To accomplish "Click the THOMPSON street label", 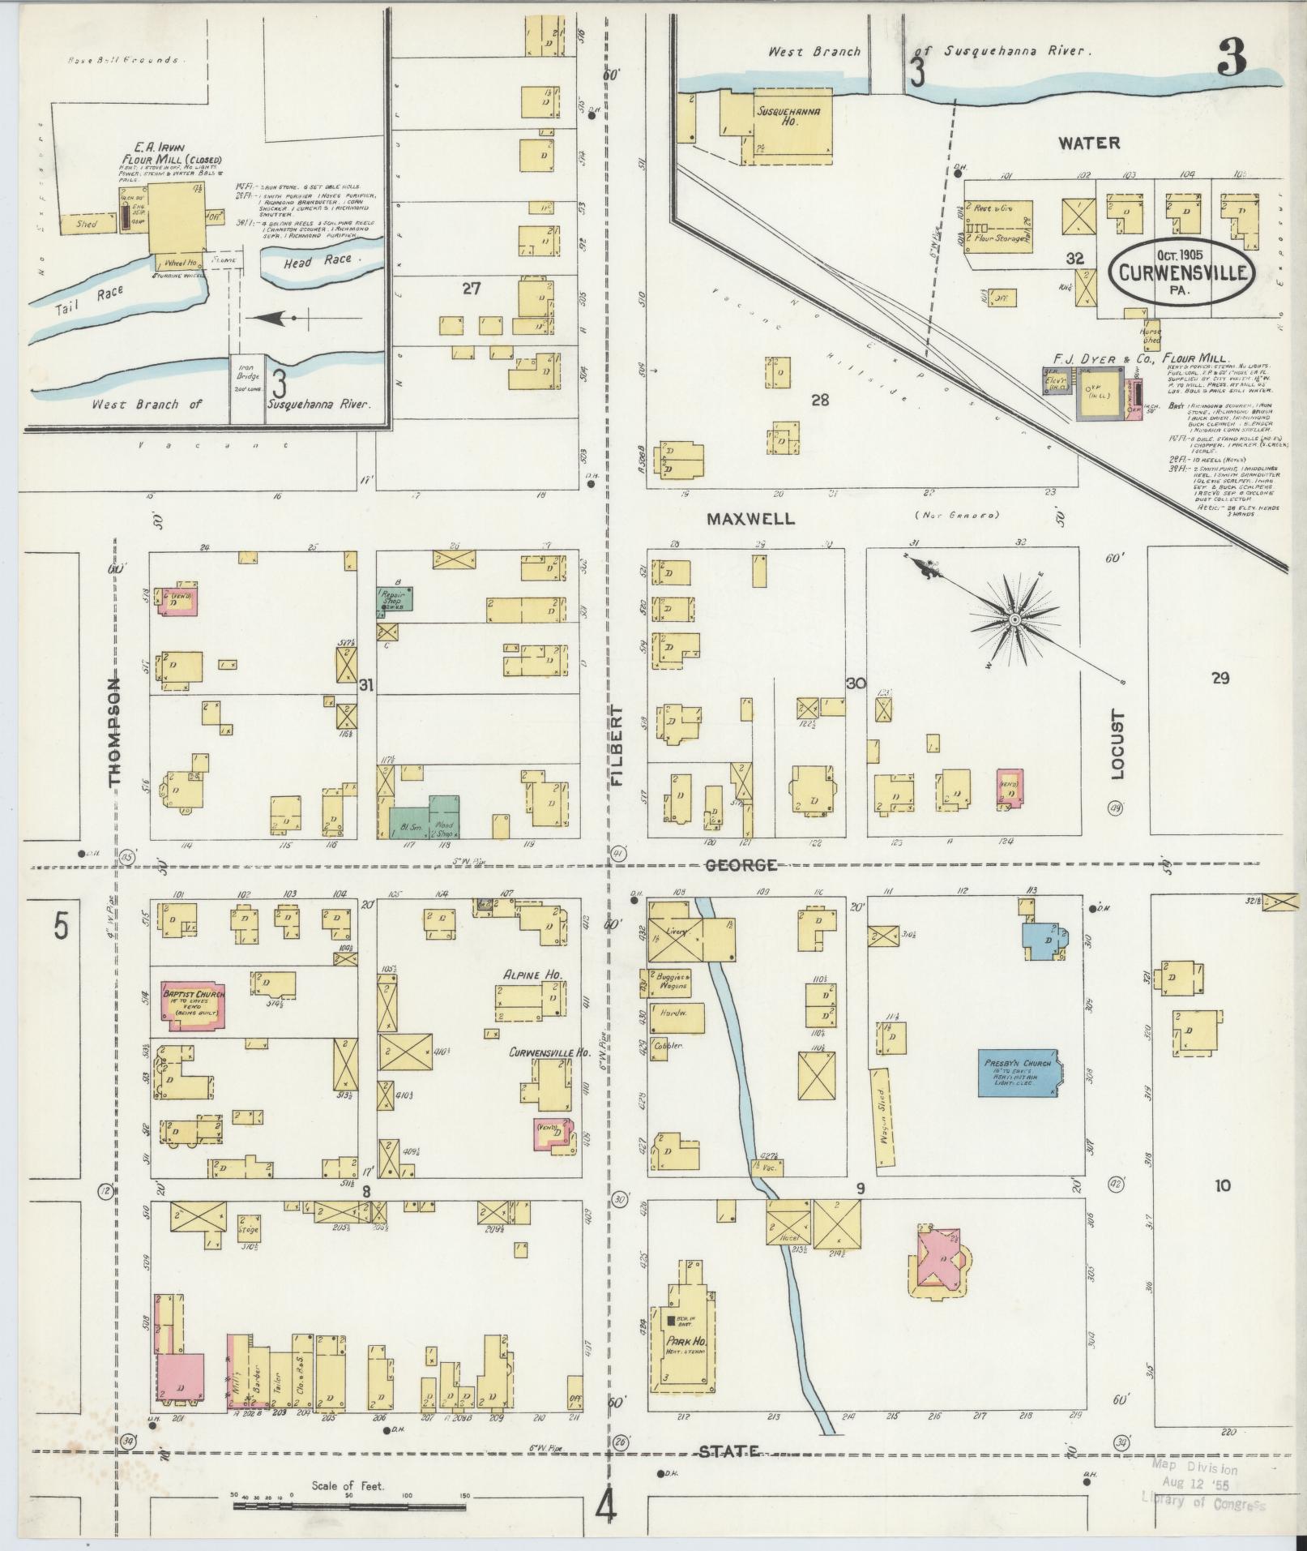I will pyautogui.click(x=114, y=731).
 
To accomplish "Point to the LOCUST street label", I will pyautogui.click(x=1118, y=744).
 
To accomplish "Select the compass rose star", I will pyautogui.click(x=1014, y=620).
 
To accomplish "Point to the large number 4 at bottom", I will pyautogui.click(x=606, y=1506).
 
